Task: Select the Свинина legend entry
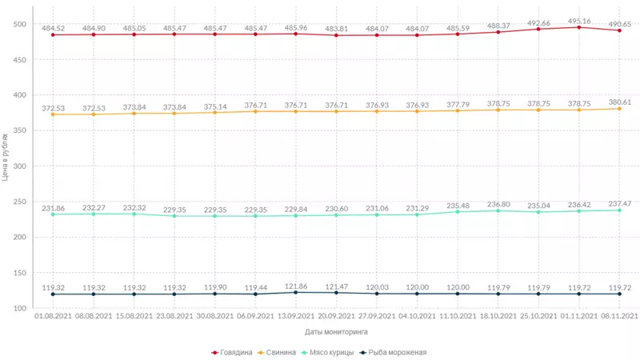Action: [x=280, y=352]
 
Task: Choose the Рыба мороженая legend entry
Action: [x=393, y=352]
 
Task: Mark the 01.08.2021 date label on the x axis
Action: [x=54, y=317]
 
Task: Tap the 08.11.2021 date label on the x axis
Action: [x=619, y=317]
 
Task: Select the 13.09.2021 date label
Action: [x=296, y=317]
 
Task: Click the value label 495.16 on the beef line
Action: [x=579, y=19]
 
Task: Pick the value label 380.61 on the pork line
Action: [x=621, y=102]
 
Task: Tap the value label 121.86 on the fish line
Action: [x=296, y=286]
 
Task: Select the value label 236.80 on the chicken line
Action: [x=498, y=203]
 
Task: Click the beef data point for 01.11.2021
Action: [x=579, y=27]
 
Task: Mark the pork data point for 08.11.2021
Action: [x=620, y=109]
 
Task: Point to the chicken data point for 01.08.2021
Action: [x=54, y=214]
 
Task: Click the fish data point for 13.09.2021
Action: [x=296, y=293]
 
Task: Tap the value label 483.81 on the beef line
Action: [x=337, y=28]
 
